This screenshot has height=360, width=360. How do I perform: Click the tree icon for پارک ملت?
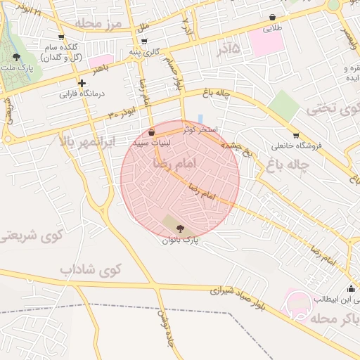coord(17,58)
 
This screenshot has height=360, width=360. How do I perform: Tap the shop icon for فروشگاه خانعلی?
coord(296,136)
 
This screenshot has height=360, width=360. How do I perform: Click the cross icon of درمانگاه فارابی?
coord(82,83)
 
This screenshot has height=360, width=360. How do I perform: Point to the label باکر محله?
coord(331,318)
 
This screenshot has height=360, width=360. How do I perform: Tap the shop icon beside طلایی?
coord(272,18)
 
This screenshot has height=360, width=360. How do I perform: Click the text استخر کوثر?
coord(201,129)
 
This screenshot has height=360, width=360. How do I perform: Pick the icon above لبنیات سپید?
coord(153,131)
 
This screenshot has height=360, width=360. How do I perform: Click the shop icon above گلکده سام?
coord(61,37)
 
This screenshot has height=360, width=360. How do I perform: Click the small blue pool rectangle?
coord(200,119)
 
